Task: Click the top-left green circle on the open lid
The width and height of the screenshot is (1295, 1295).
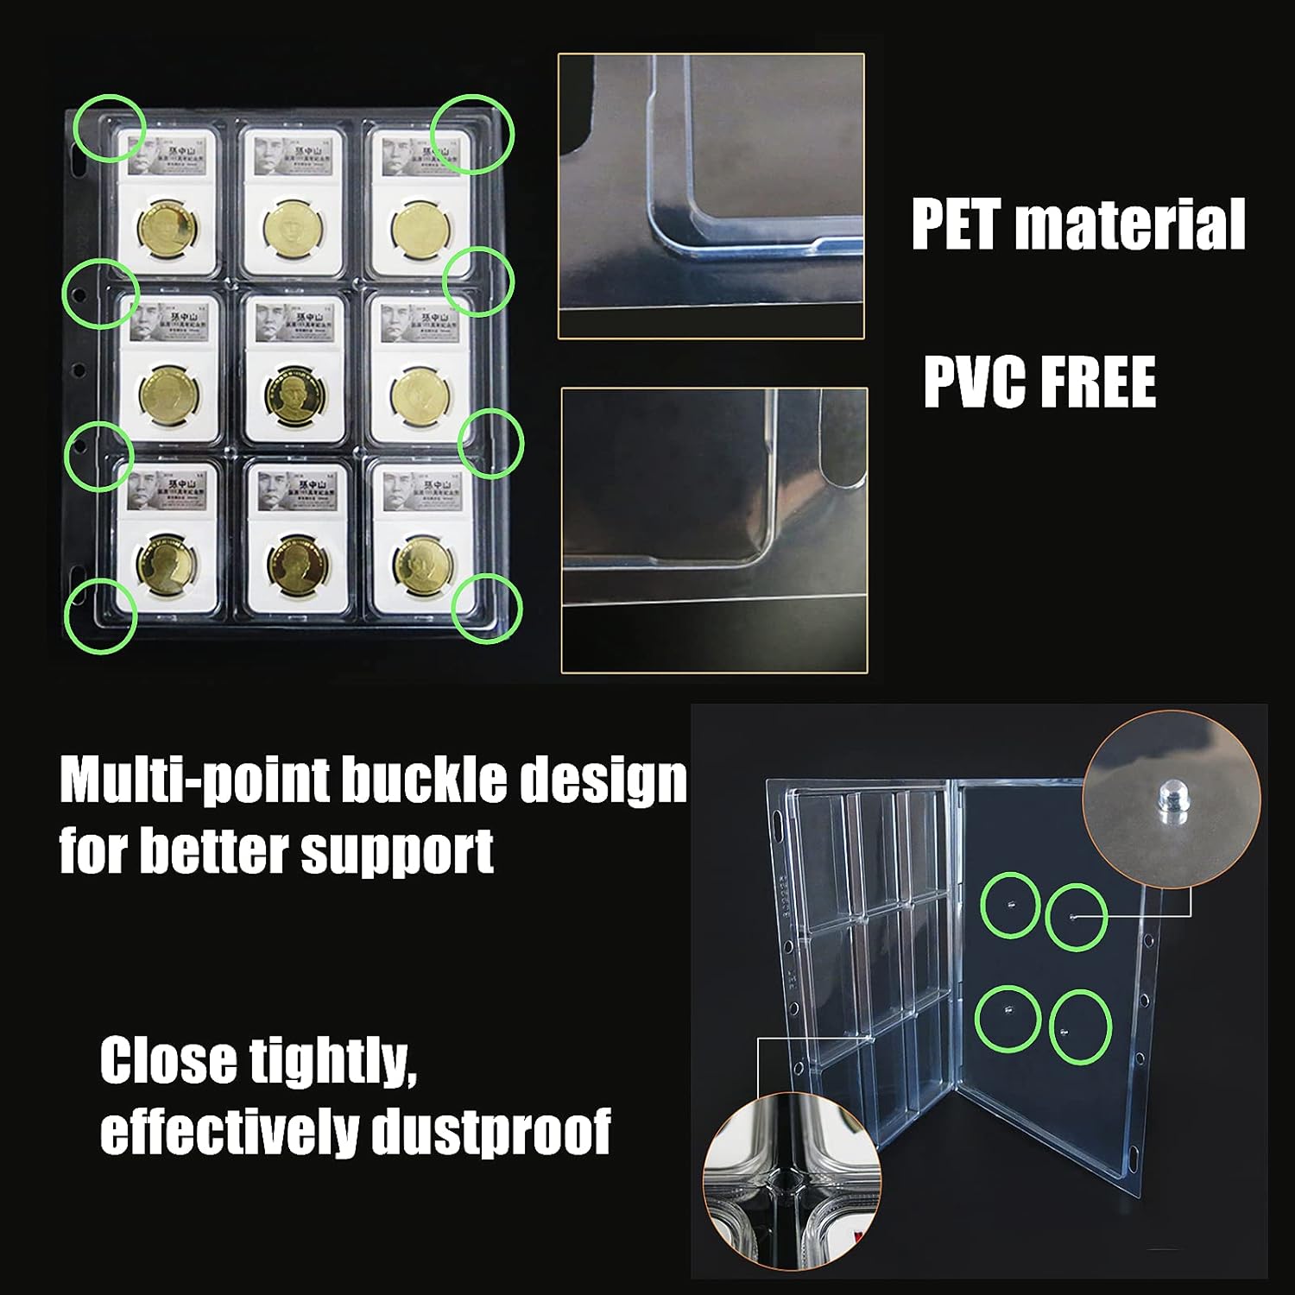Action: point(1009,904)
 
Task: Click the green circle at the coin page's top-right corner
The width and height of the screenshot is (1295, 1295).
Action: point(472,134)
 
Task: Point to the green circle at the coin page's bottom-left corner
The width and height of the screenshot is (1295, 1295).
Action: point(100,615)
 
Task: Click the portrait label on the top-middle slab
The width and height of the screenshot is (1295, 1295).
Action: point(292,155)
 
